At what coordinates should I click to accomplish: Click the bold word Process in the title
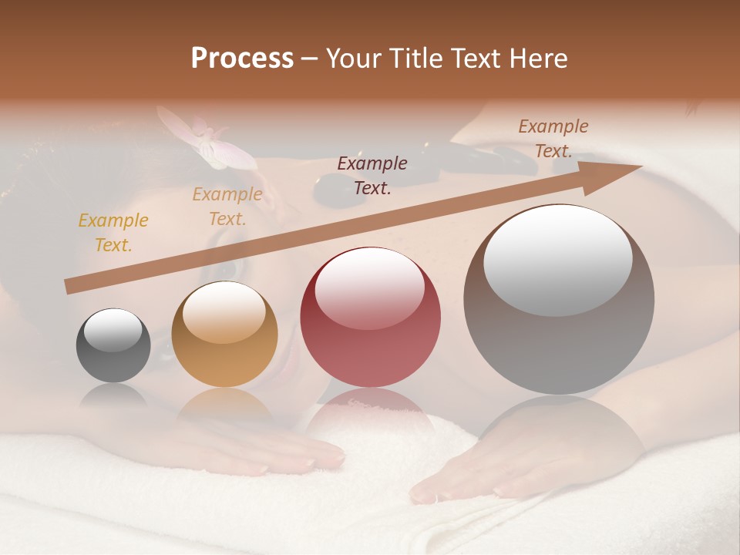point(242,59)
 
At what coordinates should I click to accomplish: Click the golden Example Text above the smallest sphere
point(113,233)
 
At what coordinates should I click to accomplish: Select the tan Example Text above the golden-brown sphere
point(227,207)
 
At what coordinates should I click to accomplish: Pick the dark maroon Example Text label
point(372,175)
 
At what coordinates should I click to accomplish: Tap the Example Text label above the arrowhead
point(553,139)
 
